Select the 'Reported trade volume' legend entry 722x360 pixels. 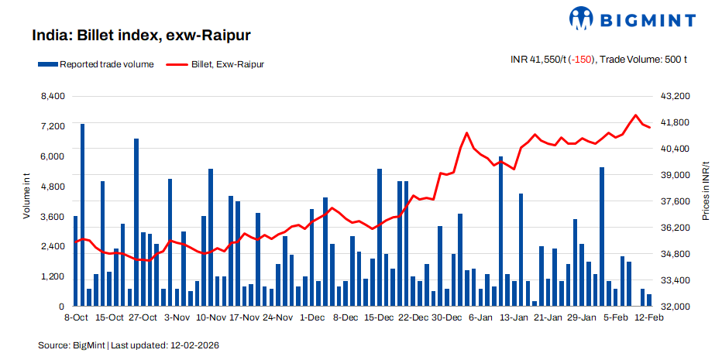coord(99,64)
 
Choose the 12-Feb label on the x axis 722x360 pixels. coord(648,317)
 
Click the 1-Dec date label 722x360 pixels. coord(312,317)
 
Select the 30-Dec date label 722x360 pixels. coord(446,317)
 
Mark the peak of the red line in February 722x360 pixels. coord(636,115)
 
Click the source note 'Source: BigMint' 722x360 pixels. coord(70,345)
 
